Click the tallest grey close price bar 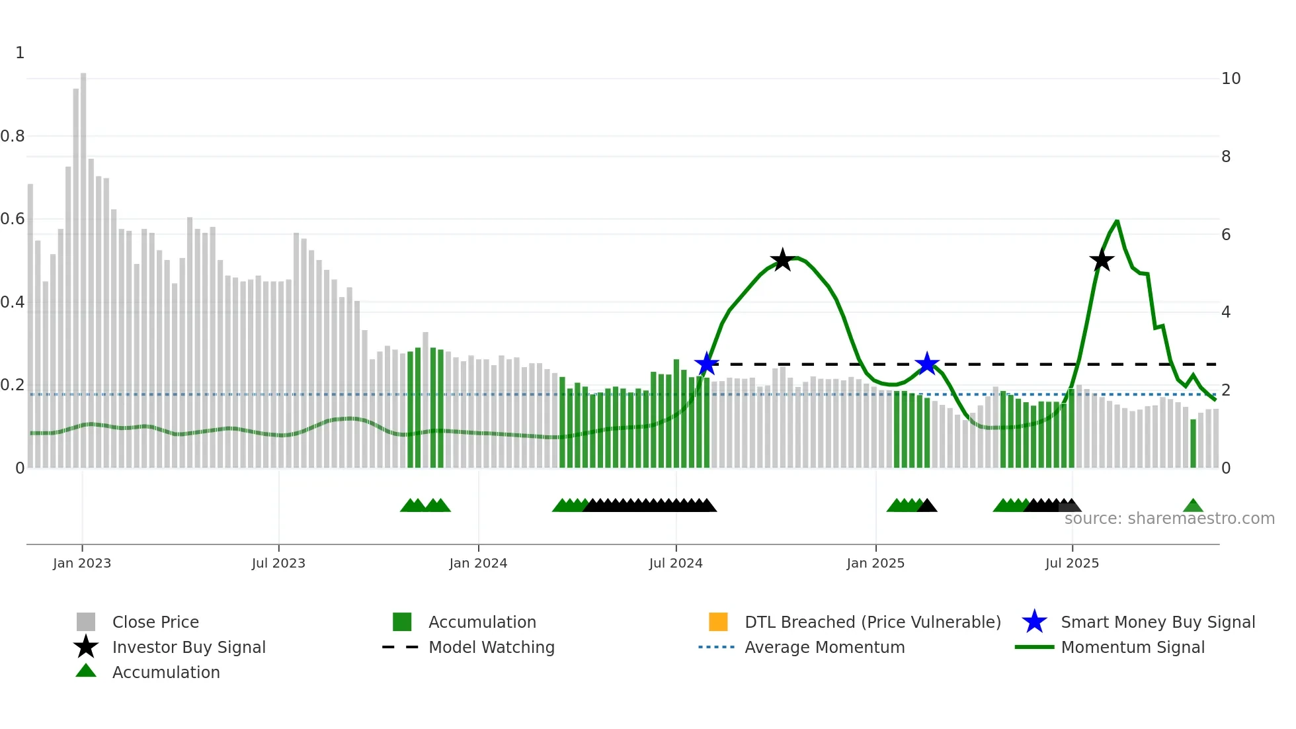83,265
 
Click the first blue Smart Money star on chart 707,364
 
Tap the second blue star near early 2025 927,363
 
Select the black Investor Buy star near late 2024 782,260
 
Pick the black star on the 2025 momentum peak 1102,260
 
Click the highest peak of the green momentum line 1117,221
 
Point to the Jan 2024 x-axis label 478,563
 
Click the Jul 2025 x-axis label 1072,563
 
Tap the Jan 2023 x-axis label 82,563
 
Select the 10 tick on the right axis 1231,79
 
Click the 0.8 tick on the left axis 13,136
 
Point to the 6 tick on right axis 1226,234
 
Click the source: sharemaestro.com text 1169,518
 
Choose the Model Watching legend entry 491,647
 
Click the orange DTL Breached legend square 718,622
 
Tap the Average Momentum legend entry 824,647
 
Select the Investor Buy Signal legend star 86,647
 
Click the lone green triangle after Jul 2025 1193,506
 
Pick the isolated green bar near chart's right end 1194,443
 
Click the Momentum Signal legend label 1132,647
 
